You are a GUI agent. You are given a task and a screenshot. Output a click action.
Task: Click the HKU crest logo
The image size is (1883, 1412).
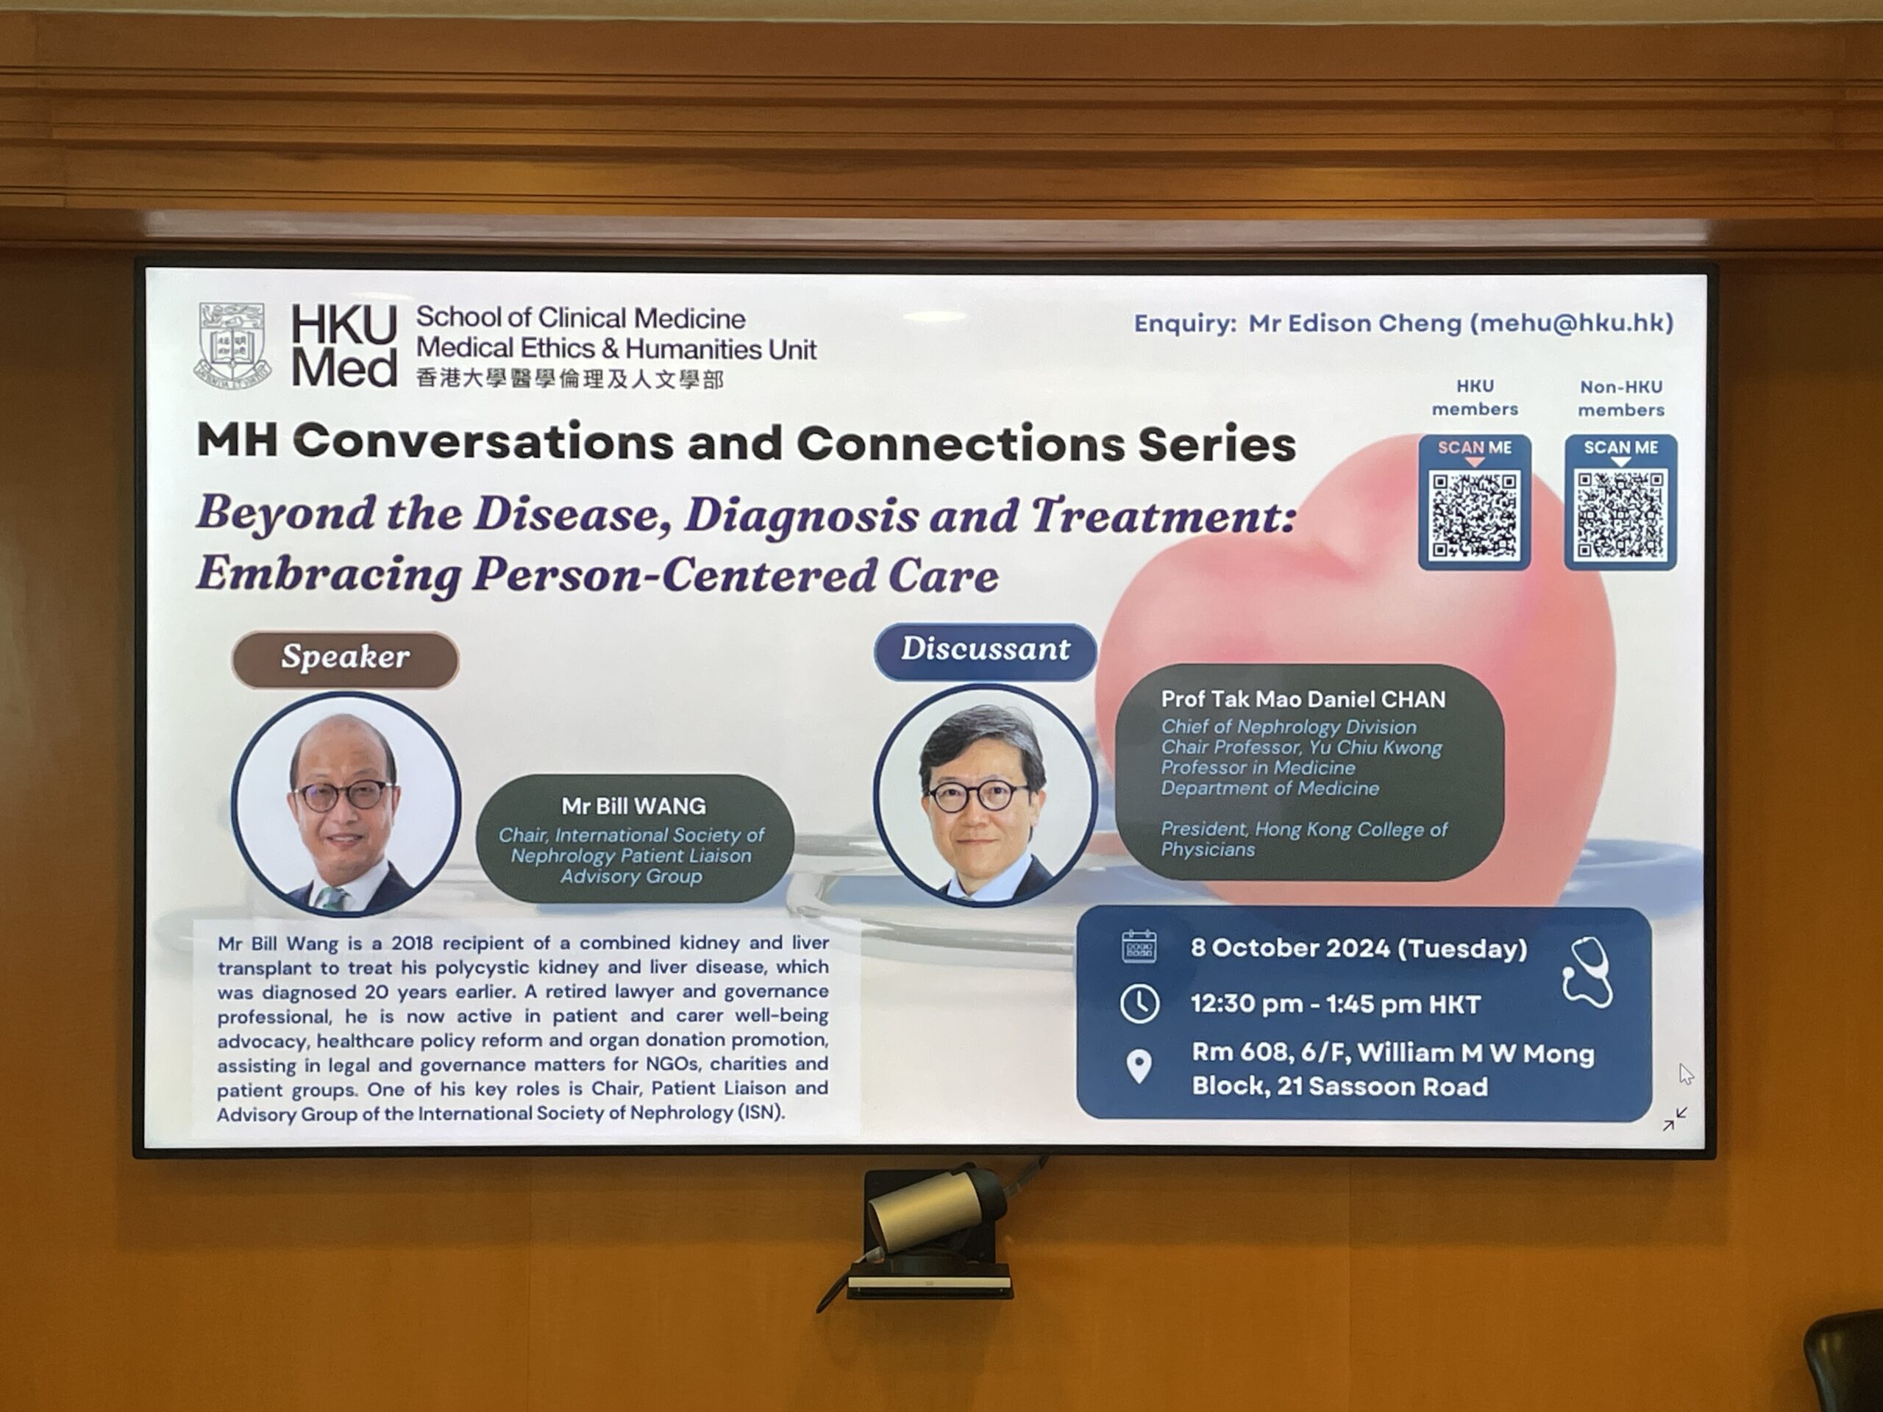pos(232,345)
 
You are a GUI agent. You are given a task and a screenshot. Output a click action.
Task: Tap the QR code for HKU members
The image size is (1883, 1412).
pos(1474,516)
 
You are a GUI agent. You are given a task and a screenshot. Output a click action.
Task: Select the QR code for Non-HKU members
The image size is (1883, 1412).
pos(1621,516)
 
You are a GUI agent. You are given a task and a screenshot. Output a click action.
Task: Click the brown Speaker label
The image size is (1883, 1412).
pos(345,658)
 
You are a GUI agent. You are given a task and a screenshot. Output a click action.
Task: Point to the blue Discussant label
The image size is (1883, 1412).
pos(985,650)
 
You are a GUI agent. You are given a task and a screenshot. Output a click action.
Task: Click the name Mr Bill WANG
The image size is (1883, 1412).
pos(633,806)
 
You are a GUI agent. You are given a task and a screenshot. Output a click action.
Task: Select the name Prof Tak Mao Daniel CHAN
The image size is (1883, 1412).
pos(1303,699)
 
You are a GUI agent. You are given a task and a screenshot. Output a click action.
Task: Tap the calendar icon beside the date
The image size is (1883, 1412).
pos(1139,946)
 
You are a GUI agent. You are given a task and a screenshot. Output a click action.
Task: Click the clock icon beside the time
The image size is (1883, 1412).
pos(1139,1003)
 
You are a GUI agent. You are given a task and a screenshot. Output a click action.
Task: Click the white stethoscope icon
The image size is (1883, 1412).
pos(1587,972)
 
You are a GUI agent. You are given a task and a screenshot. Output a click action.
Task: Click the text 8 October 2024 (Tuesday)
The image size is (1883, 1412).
pos(1359,948)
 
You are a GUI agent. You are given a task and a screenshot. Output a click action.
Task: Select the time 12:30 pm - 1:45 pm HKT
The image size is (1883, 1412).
pos(1336,1005)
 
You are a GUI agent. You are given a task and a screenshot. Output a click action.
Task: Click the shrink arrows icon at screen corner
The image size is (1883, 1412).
pos(1674,1119)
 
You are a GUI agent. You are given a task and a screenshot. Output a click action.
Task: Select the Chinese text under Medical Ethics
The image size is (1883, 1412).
pos(569,379)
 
